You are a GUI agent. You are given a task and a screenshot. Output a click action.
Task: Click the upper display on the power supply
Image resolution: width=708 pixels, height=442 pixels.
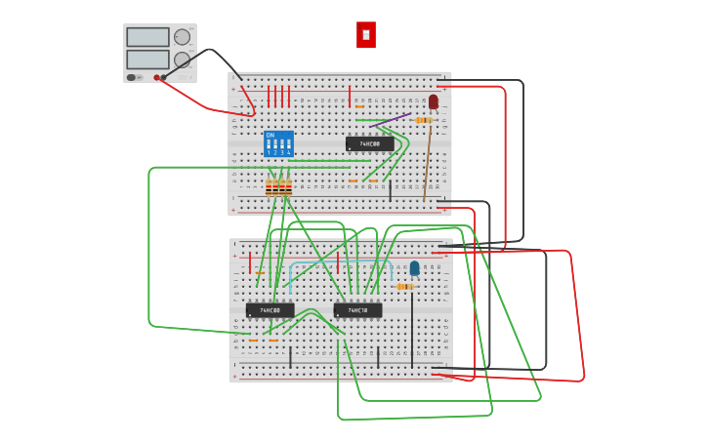[147, 37]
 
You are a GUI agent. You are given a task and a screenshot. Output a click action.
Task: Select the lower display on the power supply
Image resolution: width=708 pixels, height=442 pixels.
[147, 60]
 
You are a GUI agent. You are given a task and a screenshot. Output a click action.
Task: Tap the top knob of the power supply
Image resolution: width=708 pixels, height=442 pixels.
[182, 37]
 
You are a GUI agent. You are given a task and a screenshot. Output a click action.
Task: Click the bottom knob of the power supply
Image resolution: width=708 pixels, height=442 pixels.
[182, 60]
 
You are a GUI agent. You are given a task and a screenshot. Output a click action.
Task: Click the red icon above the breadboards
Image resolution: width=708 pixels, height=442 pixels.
[366, 35]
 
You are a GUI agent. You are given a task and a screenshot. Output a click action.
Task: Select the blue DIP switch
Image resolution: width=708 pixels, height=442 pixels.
[278, 144]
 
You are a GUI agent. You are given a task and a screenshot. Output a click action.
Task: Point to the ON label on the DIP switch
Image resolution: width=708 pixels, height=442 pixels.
[271, 135]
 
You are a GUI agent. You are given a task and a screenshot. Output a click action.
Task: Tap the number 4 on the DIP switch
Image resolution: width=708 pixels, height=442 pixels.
[289, 153]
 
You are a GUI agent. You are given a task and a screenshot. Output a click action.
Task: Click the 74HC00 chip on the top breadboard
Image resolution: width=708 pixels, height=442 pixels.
[370, 143]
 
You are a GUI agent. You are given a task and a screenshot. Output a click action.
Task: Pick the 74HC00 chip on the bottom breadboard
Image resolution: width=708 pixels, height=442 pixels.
[270, 310]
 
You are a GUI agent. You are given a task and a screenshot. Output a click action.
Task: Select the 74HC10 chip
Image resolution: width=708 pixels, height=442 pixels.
[357, 310]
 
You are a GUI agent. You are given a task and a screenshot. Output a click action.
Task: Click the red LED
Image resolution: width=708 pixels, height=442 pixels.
[434, 100]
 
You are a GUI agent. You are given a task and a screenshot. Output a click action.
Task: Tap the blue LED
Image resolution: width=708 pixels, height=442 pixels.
[415, 267]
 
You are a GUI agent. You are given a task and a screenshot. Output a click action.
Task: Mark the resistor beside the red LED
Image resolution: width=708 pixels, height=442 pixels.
[423, 120]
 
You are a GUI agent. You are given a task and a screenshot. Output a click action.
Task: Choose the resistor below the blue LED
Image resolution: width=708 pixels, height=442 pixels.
[404, 287]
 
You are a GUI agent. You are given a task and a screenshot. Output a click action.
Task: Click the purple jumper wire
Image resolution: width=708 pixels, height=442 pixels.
[391, 121]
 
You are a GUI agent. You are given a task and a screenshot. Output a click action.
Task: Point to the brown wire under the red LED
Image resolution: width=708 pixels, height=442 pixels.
[428, 161]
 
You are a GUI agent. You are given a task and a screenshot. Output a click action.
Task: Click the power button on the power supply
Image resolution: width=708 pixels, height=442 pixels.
[131, 77]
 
